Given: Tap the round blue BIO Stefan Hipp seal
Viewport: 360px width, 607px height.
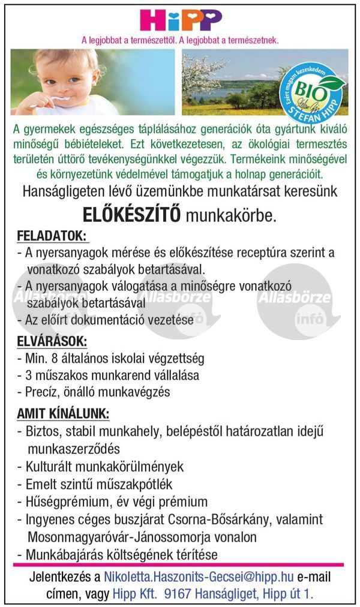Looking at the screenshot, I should (x=312, y=90).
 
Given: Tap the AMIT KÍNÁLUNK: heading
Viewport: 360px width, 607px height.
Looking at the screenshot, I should (x=63, y=414).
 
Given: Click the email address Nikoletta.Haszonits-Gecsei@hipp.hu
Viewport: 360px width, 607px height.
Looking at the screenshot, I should (x=199, y=577).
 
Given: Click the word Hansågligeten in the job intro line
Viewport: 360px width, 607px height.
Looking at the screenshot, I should (x=61, y=192).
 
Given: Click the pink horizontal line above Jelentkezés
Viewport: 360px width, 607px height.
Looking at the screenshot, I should (x=180, y=564).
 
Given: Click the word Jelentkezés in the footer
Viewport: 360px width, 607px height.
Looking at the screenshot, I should (x=60, y=577).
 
